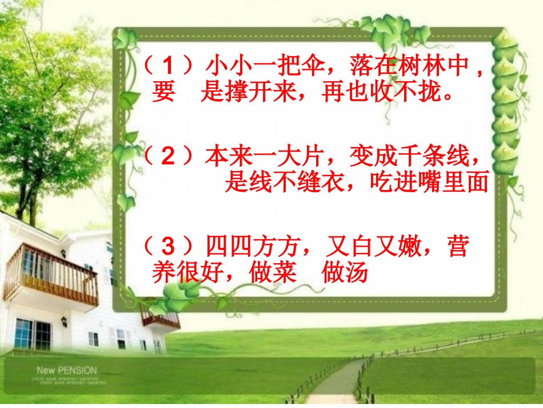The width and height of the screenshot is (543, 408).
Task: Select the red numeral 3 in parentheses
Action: [167, 247]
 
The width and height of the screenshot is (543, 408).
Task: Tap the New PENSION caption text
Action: [67, 371]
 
